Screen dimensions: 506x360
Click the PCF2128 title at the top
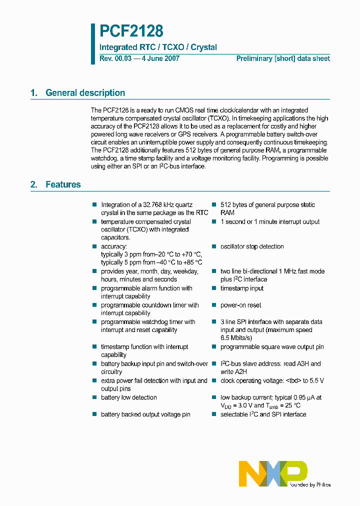(x=131, y=31)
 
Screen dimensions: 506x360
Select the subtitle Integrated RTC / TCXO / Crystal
(x=158, y=47)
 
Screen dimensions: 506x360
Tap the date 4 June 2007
(x=160, y=58)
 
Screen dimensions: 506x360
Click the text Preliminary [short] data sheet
(x=282, y=58)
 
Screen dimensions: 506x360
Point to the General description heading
(x=85, y=93)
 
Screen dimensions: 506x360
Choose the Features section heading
(x=63, y=184)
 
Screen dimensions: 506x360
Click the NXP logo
(x=273, y=473)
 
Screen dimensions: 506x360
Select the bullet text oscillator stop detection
(x=252, y=246)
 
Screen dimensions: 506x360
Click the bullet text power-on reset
(x=240, y=305)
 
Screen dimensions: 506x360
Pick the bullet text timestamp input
(x=242, y=288)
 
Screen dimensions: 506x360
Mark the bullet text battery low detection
(x=129, y=397)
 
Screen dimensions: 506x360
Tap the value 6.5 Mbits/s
(x=237, y=338)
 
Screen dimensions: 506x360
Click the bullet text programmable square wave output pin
(x=272, y=347)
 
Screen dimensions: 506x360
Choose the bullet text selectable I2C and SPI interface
(x=263, y=414)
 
